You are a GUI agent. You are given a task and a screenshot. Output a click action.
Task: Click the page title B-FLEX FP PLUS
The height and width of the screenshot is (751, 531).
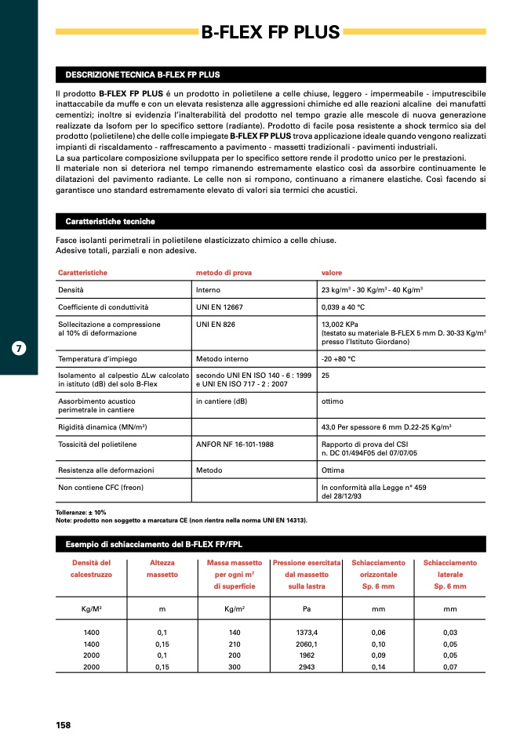[x=271, y=32]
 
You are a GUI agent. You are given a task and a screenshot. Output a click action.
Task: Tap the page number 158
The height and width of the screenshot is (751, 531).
[x=64, y=725]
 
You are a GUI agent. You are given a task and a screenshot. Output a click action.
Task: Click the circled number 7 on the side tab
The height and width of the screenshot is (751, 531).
[x=20, y=348]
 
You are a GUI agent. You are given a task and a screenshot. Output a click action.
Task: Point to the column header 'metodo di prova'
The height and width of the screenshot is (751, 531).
[x=224, y=273]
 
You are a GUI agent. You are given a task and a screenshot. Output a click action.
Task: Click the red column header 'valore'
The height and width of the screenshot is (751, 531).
[x=332, y=273]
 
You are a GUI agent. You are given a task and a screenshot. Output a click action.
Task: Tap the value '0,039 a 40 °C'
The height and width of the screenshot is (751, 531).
[x=348, y=307]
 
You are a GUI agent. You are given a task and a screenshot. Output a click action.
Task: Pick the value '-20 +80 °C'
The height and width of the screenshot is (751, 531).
[x=339, y=359]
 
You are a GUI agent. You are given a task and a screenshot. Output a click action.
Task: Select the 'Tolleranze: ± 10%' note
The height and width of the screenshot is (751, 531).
[x=81, y=512]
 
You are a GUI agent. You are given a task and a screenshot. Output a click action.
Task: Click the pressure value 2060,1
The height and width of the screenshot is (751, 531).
[x=307, y=644]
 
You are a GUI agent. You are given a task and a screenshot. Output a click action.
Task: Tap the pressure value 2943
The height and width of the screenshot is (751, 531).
[x=307, y=666]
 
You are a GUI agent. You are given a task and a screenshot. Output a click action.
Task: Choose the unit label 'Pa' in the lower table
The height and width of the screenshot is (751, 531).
[x=307, y=608]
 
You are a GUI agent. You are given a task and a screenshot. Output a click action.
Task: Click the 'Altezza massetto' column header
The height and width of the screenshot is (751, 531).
[x=162, y=568]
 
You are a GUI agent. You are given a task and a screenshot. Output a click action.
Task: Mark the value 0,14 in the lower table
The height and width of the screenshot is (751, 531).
[x=378, y=666]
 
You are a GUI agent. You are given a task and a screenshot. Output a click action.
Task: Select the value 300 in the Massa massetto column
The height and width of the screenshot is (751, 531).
[x=234, y=666]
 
